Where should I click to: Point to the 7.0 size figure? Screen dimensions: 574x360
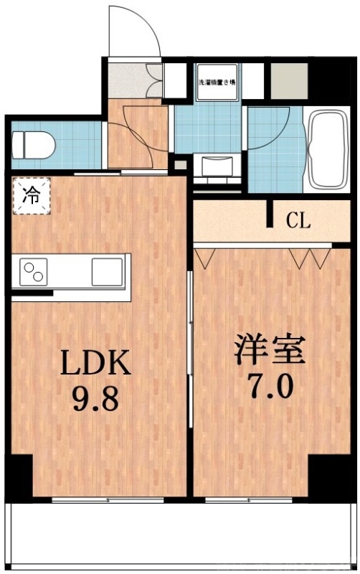click(270, 387)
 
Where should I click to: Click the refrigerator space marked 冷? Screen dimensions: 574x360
click(31, 194)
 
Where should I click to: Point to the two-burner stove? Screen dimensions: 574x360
click(32, 272)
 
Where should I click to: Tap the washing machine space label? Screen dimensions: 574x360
click(218, 81)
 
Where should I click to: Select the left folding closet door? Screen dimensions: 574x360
click(205, 257)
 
